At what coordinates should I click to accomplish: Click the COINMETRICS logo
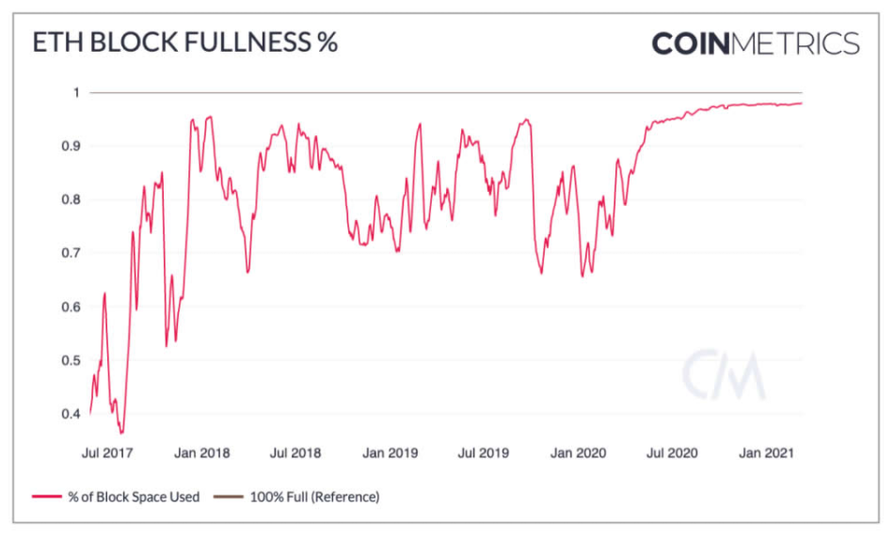[x=755, y=43]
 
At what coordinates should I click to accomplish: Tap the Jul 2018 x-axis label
[x=295, y=452]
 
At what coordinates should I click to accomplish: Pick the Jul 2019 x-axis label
[x=483, y=452]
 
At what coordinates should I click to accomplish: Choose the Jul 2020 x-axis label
[x=670, y=452]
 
